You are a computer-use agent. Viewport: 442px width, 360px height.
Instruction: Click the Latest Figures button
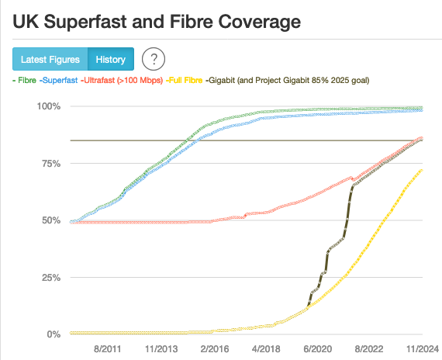[x=50, y=60]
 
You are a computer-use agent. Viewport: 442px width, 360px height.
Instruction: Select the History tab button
[x=111, y=60]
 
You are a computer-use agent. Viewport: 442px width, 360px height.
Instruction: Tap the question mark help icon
[x=154, y=59]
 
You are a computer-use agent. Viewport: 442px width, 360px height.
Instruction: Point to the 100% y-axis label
[x=47, y=106]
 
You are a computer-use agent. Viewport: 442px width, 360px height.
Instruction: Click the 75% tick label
[x=50, y=163]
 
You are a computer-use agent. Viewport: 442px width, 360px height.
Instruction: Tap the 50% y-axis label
[x=50, y=220]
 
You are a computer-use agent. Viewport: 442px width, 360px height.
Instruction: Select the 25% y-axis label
[x=50, y=278]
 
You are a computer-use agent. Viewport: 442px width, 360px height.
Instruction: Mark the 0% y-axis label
[x=53, y=334]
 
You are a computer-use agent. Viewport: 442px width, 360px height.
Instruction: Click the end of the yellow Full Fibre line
[x=422, y=170]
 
